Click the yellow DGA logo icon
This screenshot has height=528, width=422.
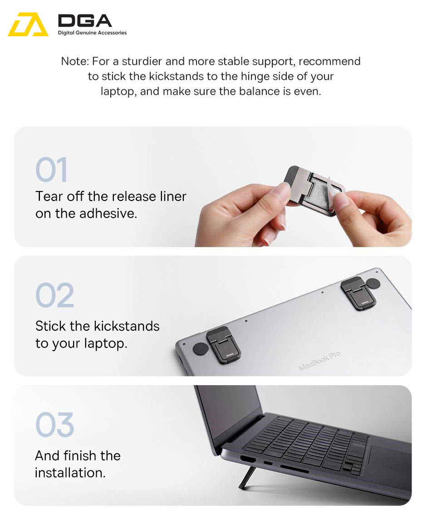click(x=28, y=24)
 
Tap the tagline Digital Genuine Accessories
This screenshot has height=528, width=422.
click(x=92, y=33)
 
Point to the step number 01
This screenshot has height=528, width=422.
click(x=52, y=170)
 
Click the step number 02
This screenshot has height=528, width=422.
click(x=55, y=295)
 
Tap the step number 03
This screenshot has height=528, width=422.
click(x=55, y=425)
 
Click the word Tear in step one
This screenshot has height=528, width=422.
click(x=49, y=196)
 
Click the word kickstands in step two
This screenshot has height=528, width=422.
click(x=127, y=326)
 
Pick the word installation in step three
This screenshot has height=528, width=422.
click(x=70, y=473)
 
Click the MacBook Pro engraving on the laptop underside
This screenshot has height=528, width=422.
click(x=319, y=361)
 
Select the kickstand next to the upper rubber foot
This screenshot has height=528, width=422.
click(x=358, y=293)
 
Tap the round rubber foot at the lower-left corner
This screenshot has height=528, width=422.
click(x=201, y=349)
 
